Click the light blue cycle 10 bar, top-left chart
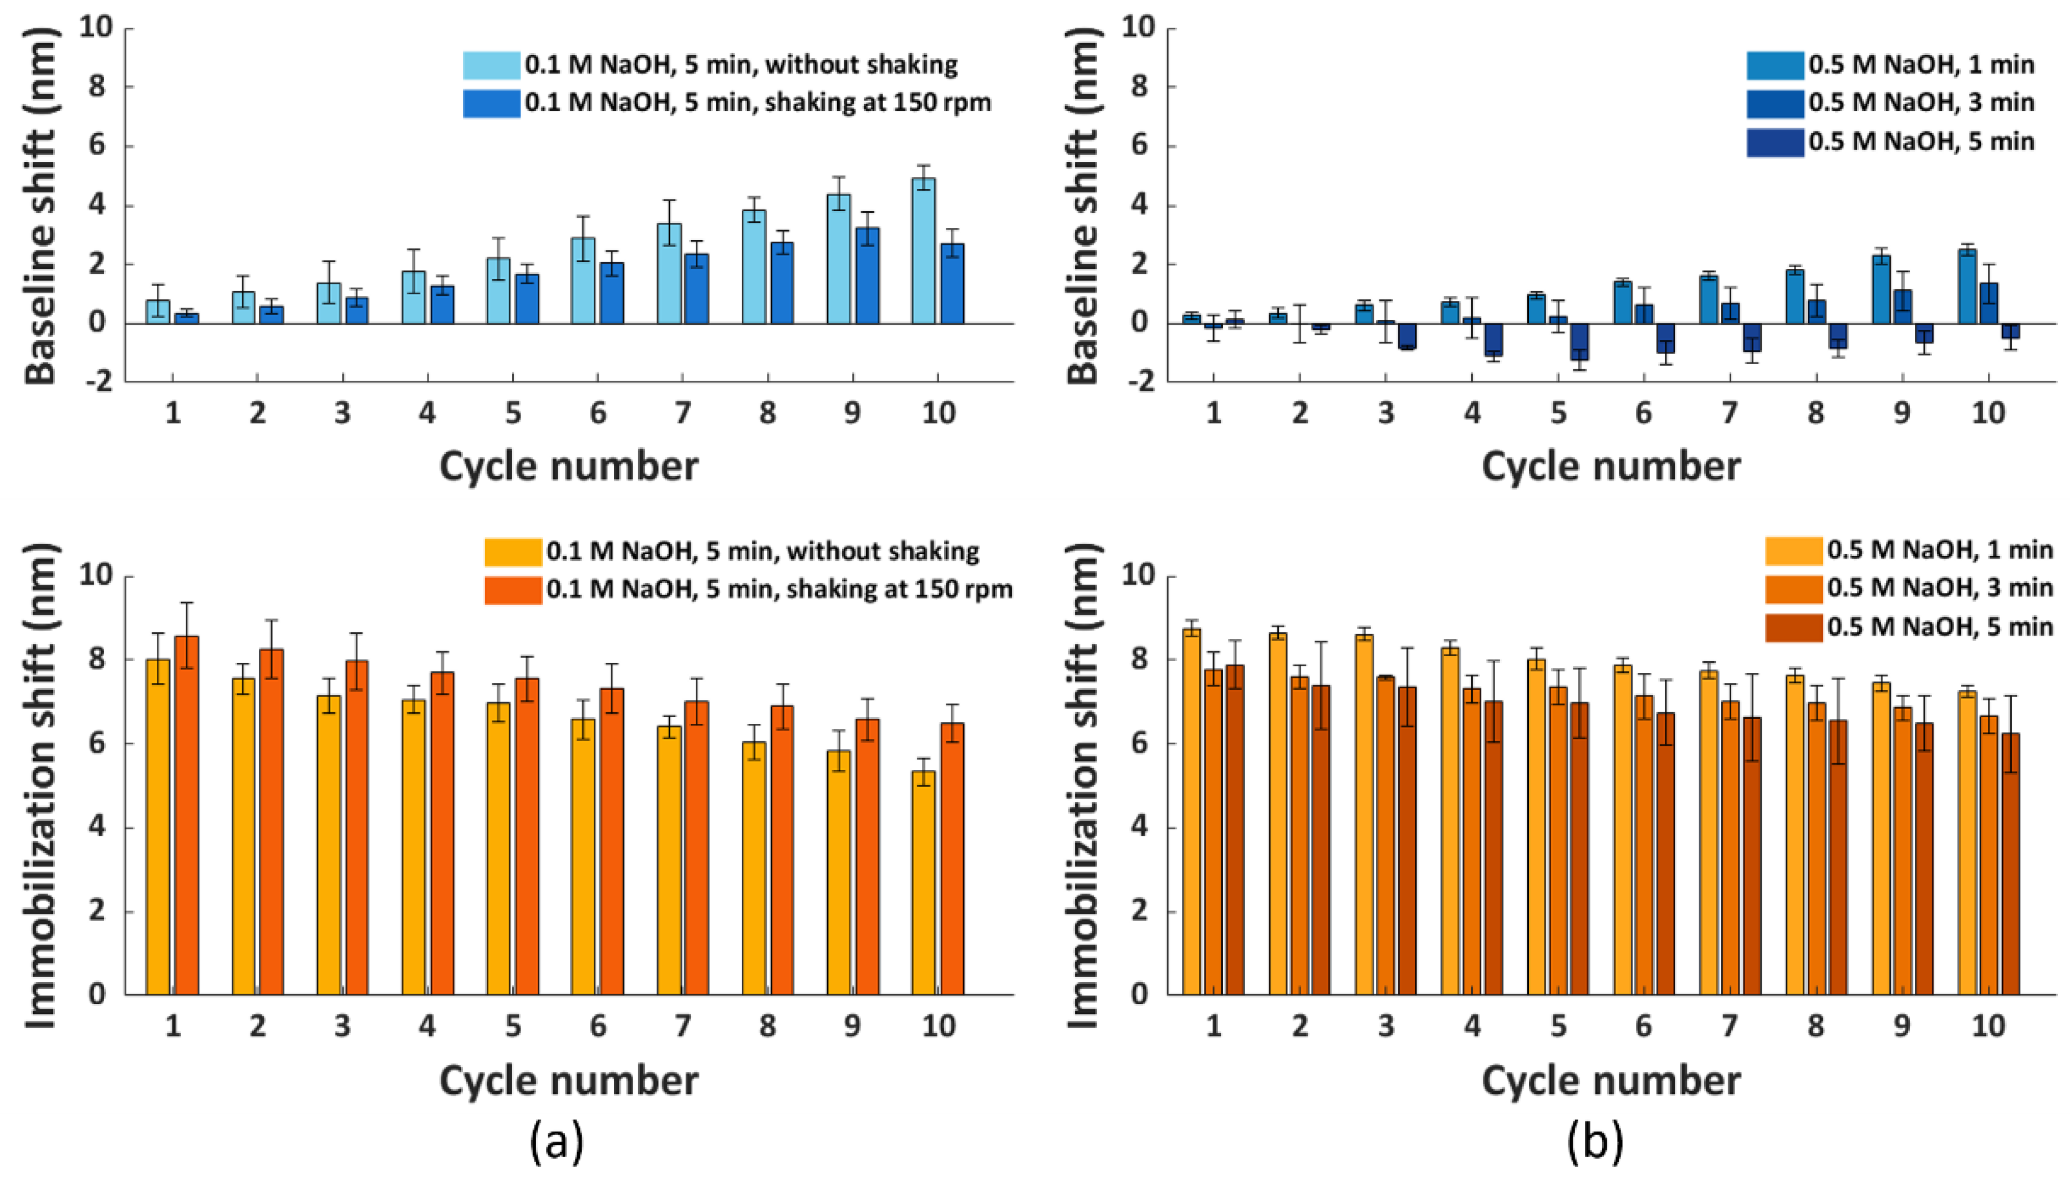(923, 252)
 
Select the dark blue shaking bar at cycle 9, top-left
(867, 276)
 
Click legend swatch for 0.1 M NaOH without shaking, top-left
(491, 65)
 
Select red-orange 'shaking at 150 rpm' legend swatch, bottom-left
(513, 590)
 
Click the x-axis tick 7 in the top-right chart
(1729, 413)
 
